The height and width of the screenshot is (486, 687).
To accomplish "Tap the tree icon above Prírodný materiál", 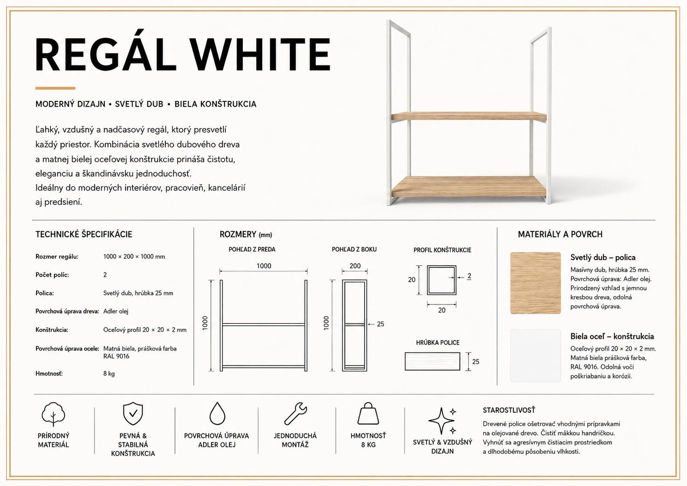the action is pos(53,414).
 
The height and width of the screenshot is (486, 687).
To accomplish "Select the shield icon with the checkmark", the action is pos(133,414).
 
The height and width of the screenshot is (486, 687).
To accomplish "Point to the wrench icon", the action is pos(295,414).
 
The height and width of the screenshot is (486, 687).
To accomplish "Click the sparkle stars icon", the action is pos(442,421).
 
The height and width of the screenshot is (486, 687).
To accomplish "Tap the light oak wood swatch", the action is pos(535,283).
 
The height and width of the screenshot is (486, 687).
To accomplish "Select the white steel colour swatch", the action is pos(535,356).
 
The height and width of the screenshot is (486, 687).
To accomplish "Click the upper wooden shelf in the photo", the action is pos(469,116).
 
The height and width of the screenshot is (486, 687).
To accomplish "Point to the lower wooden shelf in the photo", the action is pos(469,187).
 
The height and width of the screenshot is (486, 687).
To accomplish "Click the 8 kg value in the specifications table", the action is pos(109,374).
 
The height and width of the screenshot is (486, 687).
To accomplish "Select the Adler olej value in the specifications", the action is pos(116,311).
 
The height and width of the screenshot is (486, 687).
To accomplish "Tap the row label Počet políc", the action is pos(52,275).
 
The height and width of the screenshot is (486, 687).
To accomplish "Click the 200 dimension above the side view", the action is pos(355,266).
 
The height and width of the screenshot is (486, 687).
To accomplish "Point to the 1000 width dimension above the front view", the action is pos(264,266).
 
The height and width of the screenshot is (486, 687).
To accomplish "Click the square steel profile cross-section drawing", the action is pos(441,280).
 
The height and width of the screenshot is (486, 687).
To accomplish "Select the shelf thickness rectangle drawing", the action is pos(433,361).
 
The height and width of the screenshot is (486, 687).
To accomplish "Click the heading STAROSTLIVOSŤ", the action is pos(509,410).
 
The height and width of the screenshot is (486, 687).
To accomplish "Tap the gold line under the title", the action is pos(55,88).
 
